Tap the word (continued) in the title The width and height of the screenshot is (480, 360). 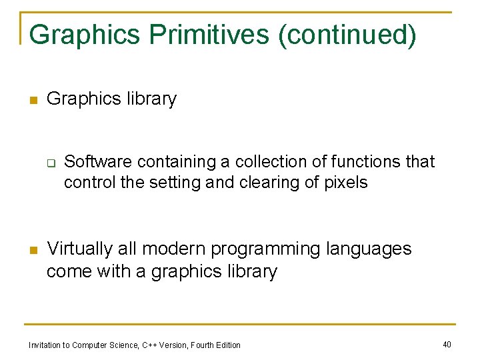pos(347,35)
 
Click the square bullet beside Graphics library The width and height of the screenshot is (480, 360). pos(31,101)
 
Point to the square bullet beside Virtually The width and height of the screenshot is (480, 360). pos(31,251)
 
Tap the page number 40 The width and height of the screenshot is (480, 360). pos(447,344)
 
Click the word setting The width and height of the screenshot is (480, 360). pos(175,182)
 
